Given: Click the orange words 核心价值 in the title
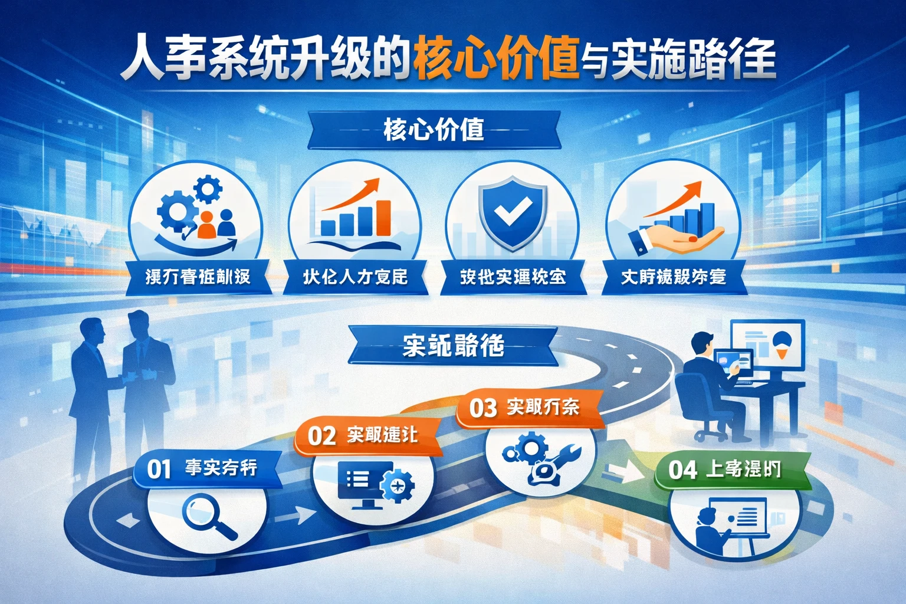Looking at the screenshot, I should coord(496,60).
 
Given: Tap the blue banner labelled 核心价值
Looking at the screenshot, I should coord(434,130).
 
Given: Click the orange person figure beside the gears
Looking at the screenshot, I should coord(206,225).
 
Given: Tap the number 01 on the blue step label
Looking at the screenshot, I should coord(159,470).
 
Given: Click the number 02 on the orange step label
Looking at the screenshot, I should coord(322,436).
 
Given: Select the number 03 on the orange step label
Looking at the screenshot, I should coord(483,408).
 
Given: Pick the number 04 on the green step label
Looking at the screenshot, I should coord(683,470).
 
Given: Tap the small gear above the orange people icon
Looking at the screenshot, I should coord(208,190).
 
